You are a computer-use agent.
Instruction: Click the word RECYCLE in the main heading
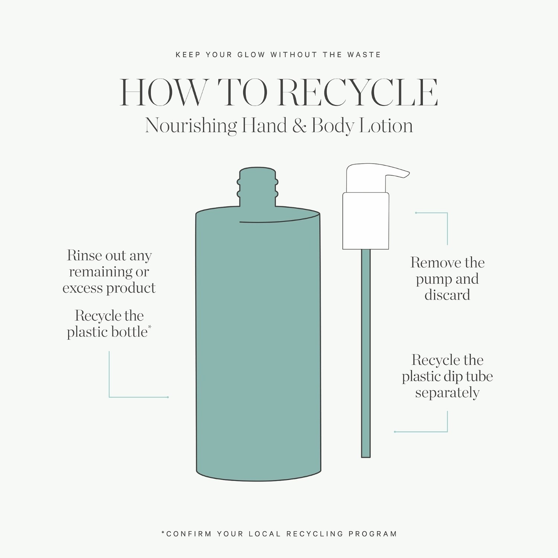(x=358, y=93)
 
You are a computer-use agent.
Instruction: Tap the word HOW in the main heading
(x=163, y=93)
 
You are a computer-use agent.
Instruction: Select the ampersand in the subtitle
(x=299, y=126)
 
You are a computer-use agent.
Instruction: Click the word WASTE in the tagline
(x=364, y=55)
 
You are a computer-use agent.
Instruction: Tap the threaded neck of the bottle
(x=257, y=187)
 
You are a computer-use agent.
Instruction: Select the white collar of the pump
(x=366, y=221)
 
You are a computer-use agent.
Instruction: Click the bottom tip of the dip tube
(x=366, y=457)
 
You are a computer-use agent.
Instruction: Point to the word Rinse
(x=84, y=255)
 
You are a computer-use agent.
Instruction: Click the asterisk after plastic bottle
(x=150, y=327)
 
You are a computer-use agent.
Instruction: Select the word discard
(x=447, y=295)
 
